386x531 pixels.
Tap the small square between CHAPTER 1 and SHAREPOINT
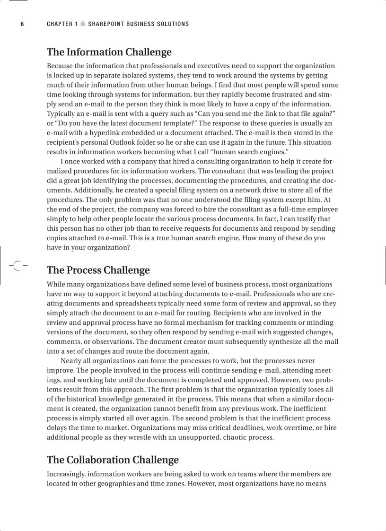pos(83,24)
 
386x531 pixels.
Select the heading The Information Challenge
pos(109,52)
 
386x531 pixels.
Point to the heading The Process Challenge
pos(98,270)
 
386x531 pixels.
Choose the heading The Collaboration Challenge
pos(113,460)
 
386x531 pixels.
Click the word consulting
pos(203,162)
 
